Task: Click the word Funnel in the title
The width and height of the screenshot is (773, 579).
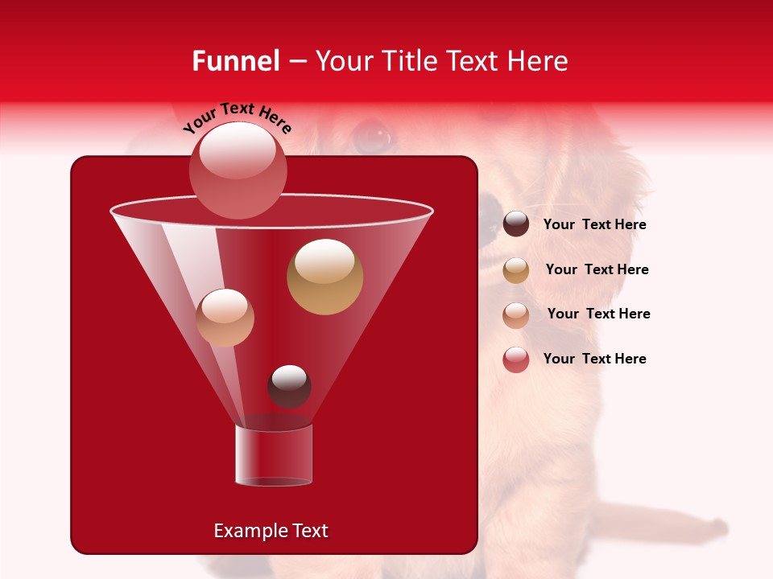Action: [x=235, y=61]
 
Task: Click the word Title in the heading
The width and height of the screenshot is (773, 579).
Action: [x=407, y=61]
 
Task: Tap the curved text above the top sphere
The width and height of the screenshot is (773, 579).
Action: [x=237, y=118]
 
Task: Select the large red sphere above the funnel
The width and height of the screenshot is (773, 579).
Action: [x=238, y=170]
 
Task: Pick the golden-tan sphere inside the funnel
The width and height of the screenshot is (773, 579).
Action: [x=324, y=277]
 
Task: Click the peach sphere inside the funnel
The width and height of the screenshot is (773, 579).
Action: [x=225, y=318]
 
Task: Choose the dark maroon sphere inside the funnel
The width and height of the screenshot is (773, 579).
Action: [x=289, y=386]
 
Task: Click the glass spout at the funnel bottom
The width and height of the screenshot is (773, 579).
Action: [x=273, y=455]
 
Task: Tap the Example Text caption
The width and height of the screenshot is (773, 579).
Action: [x=271, y=531]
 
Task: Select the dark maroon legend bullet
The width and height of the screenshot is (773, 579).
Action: [x=516, y=224]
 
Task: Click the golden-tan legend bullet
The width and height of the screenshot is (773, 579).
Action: [x=516, y=270]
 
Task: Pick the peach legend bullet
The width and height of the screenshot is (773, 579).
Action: [x=516, y=314]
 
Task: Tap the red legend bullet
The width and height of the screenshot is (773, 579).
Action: [x=516, y=359]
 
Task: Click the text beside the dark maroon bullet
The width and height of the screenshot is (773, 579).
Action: [x=594, y=225]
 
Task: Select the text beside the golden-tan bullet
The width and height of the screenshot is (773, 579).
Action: [x=597, y=270]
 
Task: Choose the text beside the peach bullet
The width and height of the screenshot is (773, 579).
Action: [x=598, y=314]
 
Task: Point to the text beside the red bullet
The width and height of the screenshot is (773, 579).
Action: [x=594, y=359]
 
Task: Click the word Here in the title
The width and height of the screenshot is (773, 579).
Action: [x=538, y=61]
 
